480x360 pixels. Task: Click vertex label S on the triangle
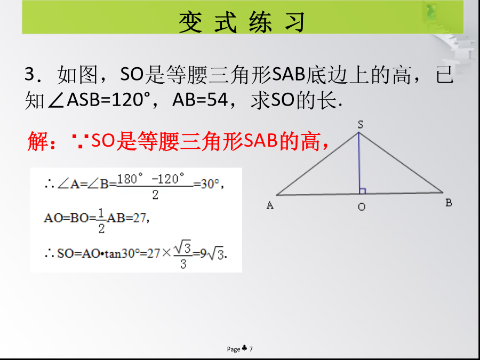coord(361,125)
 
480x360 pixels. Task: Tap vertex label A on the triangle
coord(270,205)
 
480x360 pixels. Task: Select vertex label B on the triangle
coord(449,203)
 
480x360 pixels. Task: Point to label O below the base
coord(362,207)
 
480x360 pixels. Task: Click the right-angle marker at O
coord(363,191)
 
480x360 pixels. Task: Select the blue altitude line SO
coord(359,163)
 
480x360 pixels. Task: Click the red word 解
coord(38,141)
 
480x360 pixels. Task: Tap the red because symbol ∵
coord(80,141)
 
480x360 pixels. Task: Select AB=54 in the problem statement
coord(200,100)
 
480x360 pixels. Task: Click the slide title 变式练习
coord(242,22)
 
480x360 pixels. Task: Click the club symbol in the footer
coord(245,348)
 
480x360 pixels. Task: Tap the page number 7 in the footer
coord(251,349)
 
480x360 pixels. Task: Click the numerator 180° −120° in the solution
coord(151,179)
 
